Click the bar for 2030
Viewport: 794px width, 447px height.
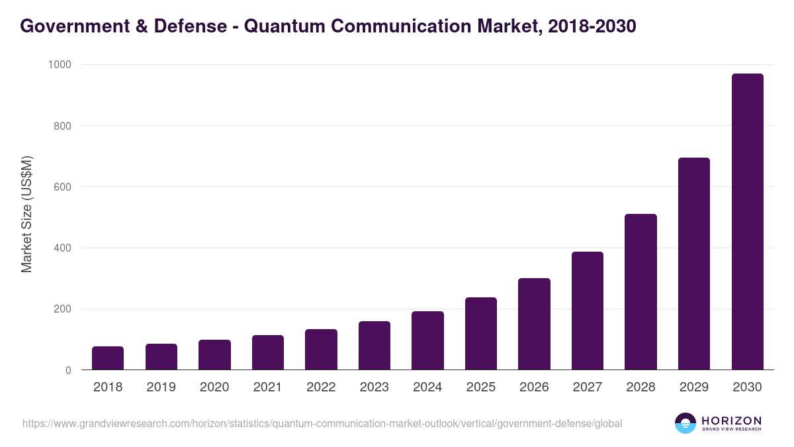point(747,222)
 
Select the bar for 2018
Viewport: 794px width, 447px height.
point(108,358)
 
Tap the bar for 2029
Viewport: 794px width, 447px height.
point(694,264)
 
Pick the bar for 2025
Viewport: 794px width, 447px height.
point(481,334)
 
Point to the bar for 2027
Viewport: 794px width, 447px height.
point(588,311)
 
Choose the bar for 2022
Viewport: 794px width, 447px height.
point(321,350)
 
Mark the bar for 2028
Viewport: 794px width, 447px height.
point(640,292)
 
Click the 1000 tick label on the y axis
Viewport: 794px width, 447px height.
point(60,64)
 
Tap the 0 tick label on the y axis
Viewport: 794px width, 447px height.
point(68,370)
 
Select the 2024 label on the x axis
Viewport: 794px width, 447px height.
point(427,387)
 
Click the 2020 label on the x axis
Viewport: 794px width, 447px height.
point(214,387)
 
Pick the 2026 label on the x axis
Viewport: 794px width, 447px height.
point(534,387)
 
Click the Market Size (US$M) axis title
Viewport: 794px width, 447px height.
point(26,215)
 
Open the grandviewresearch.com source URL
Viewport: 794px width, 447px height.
point(322,423)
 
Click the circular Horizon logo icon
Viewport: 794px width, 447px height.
point(685,423)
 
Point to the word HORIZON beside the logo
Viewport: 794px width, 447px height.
point(731,420)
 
